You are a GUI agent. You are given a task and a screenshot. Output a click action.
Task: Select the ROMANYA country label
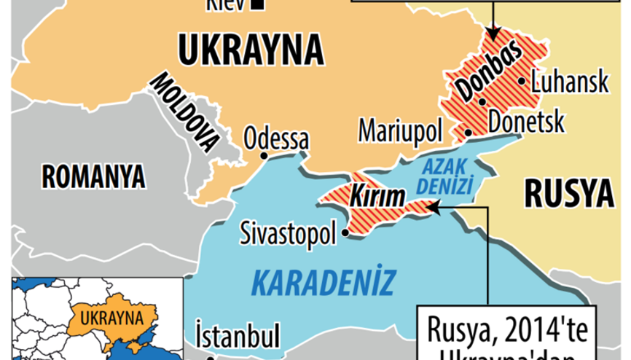pyautogui.click(x=92, y=176)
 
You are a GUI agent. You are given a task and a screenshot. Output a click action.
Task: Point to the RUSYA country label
pyautogui.click(x=565, y=195)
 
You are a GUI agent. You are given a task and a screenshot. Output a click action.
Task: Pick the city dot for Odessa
pyautogui.click(x=264, y=155)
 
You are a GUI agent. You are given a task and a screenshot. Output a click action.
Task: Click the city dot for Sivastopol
pyautogui.click(x=344, y=235)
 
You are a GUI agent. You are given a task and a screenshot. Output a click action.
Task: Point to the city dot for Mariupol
pyautogui.click(x=468, y=133)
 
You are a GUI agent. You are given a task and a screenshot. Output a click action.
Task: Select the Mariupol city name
pyautogui.click(x=401, y=131)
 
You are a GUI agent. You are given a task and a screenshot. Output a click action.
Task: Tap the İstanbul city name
pyautogui.click(x=239, y=337)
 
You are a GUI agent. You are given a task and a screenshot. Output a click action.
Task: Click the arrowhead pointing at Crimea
pyautogui.click(x=431, y=208)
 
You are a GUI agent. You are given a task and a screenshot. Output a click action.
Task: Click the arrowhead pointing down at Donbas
pyautogui.click(x=494, y=34)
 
